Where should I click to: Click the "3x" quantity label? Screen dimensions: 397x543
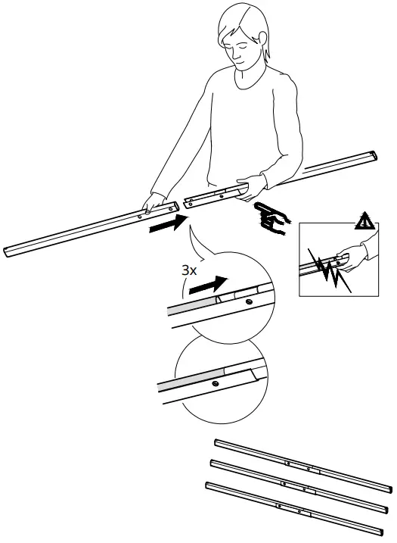point(189,270)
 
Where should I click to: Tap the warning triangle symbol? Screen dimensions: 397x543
point(364,222)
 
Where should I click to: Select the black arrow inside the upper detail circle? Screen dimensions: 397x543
point(208,285)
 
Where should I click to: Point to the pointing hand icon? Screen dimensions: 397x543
point(272,219)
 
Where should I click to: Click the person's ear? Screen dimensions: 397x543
point(263,39)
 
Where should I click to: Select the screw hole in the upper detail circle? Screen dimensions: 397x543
point(249,301)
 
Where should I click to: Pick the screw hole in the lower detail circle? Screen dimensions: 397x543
point(216,382)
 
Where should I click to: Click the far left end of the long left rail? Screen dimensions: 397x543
point(6,251)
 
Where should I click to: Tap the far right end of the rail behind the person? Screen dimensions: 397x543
point(374,154)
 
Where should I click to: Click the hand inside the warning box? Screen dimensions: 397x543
point(350,258)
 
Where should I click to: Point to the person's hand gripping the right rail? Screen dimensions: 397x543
point(252,187)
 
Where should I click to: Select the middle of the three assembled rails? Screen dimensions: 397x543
point(299,486)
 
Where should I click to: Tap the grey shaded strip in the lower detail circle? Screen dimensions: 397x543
point(191,379)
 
